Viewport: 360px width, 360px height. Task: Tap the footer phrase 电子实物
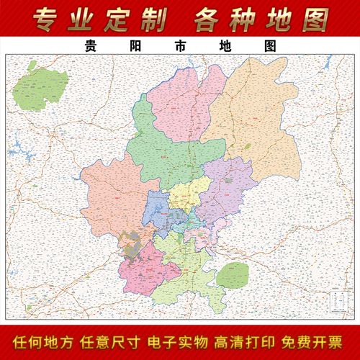click(x=180, y=340)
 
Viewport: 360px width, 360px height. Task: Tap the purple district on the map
click(x=227, y=187)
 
